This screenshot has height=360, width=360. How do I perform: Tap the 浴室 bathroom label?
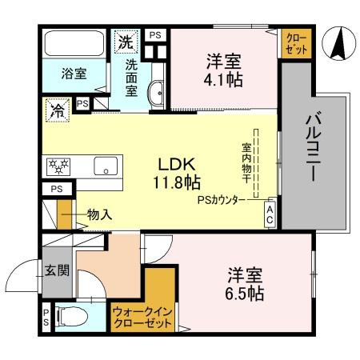74,74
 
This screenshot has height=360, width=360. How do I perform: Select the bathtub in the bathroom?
74,45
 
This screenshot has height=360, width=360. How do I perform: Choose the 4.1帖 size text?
224,80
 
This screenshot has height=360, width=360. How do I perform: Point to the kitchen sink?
105,167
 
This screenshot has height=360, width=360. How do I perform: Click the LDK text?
174,163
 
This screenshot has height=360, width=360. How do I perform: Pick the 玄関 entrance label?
56,270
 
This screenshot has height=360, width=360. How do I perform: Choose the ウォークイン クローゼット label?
142,318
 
